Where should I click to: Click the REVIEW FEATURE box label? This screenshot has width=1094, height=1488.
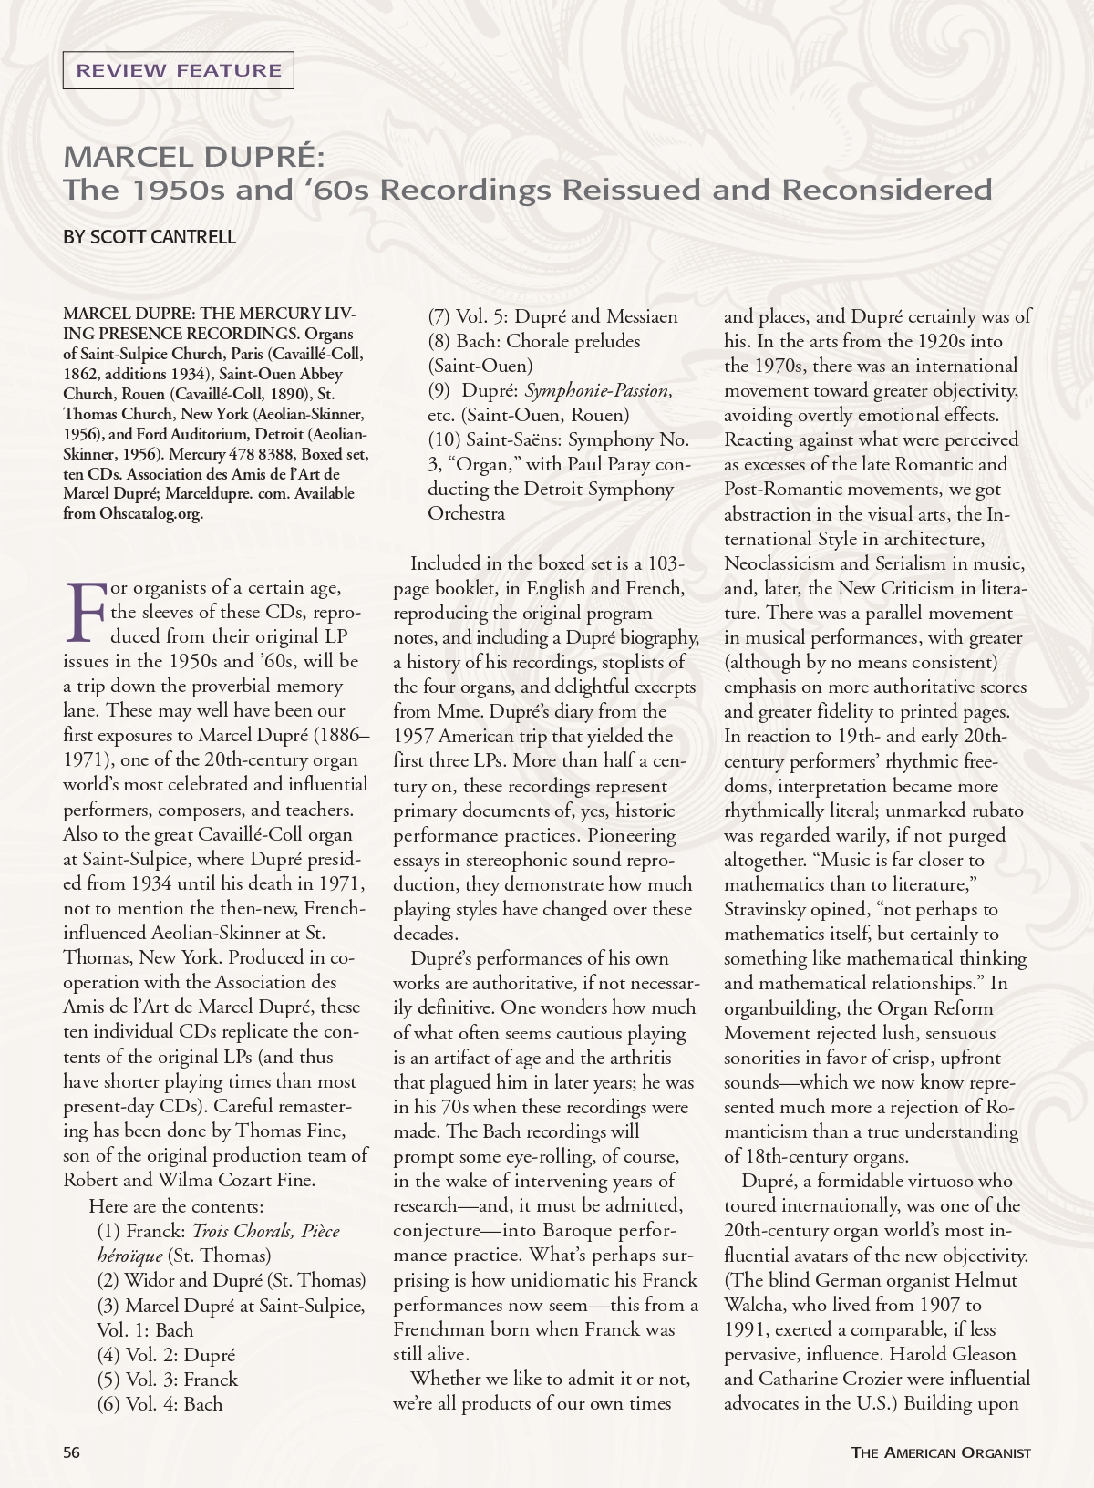coord(179,70)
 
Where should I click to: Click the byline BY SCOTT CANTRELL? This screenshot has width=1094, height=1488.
coord(150,237)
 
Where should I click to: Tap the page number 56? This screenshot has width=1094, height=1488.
coord(72,1452)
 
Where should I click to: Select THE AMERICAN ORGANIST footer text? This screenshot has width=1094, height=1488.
coord(941,1452)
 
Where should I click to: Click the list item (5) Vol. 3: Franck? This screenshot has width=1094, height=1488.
coord(168,1379)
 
